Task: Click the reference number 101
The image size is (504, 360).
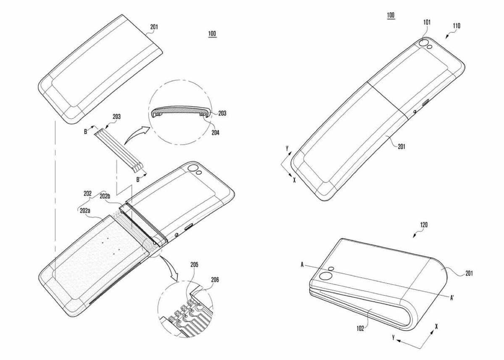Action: [x=427, y=22]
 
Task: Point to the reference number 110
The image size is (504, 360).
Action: [x=456, y=26]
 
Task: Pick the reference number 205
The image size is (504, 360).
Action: [x=194, y=265]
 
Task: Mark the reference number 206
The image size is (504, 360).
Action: [x=214, y=279]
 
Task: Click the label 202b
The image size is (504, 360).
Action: [x=105, y=196]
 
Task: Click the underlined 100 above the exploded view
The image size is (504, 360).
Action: [x=212, y=34]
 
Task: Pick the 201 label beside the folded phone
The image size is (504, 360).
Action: [x=469, y=273]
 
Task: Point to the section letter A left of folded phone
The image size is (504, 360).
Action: [x=302, y=265]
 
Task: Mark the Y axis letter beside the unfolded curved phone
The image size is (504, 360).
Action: [x=286, y=149]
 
